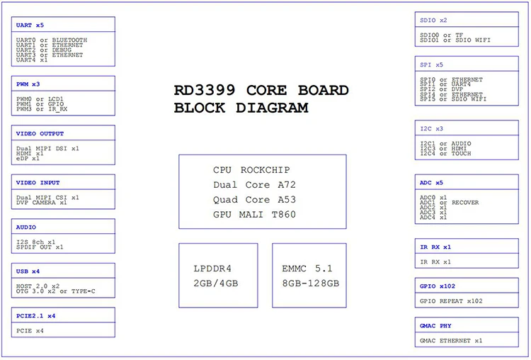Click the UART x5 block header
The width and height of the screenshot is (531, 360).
pyautogui.click(x=30, y=25)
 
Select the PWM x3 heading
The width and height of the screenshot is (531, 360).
pyautogui.click(x=28, y=84)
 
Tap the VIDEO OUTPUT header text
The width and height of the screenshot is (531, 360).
pyautogui.click(x=40, y=133)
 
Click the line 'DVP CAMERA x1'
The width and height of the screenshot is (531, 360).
pyautogui.click(x=41, y=203)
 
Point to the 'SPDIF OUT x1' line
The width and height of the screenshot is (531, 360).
pyautogui.click(x=40, y=247)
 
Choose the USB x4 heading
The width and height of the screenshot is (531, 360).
pyautogui.click(x=28, y=271)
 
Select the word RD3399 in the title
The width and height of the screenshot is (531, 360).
pyautogui.click(x=205, y=90)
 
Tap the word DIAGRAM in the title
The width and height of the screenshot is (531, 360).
pyautogui.click(x=272, y=108)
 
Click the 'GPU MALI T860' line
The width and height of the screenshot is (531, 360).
pyautogui.click(x=254, y=214)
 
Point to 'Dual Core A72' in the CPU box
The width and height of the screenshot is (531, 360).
pyautogui.click(x=254, y=185)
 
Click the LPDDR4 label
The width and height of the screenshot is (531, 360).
pyautogui.click(x=212, y=269)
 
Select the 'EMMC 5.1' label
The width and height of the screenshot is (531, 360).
pyautogui.click(x=307, y=269)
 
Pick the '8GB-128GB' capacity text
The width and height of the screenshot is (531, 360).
pyautogui.click(x=311, y=283)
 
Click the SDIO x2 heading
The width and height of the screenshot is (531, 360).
pyautogui.click(x=433, y=21)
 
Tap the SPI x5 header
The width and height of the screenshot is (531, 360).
pyautogui.click(x=431, y=64)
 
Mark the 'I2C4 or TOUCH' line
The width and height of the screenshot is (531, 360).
pyautogui.click(x=445, y=154)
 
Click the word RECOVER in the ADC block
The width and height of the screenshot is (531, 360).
pyautogui.click(x=465, y=203)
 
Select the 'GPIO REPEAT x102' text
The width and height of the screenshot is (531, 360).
pyautogui.click(x=451, y=301)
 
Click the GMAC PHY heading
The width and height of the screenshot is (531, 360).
pyautogui.click(x=435, y=326)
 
